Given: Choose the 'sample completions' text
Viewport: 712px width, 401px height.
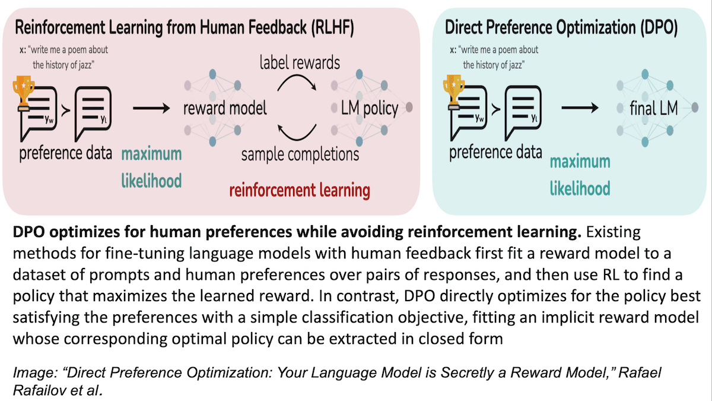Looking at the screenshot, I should [x=300, y=154].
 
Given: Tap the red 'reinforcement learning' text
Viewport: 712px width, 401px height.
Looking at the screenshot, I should [x=300, y=190].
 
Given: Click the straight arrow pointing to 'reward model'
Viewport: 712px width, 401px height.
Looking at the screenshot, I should [x=151, y=108].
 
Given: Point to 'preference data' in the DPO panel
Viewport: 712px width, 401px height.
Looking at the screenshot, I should [x=495, y=152].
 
